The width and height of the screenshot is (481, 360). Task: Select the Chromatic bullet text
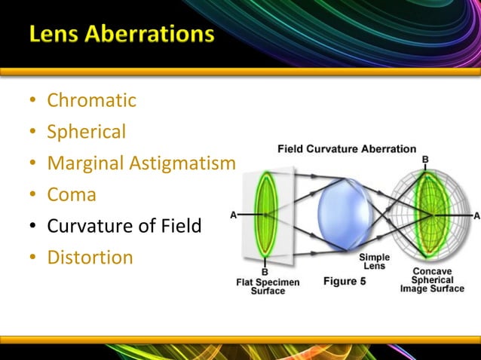[91, 99]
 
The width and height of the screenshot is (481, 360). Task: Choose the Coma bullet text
[72, 194]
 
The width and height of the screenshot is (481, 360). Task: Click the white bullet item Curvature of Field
[124, 225]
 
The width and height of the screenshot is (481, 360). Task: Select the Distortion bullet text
[90, 257]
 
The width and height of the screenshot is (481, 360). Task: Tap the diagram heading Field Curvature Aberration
[347, 148]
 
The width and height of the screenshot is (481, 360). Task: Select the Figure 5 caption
[345, 281]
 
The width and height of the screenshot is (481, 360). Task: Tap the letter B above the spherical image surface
[425, 160]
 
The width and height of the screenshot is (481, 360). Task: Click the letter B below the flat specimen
[265, 271]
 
